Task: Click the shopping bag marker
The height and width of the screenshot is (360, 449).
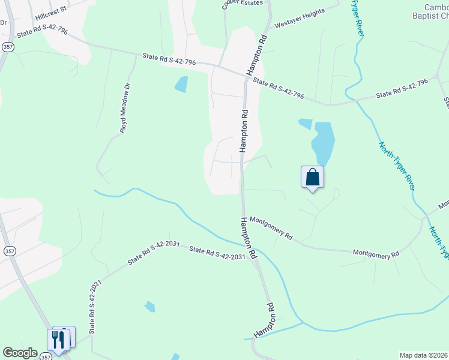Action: (312, 178)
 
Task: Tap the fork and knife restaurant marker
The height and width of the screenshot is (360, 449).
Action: (58, 340)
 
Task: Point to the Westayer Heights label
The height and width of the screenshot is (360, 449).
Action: (299, 18)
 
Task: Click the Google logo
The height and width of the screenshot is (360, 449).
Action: (20, 353)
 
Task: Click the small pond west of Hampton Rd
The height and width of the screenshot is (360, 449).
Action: (181, 84)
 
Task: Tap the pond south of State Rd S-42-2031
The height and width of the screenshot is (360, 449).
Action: (149, 307)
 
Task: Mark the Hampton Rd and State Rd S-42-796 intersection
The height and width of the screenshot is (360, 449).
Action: (246, 76)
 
